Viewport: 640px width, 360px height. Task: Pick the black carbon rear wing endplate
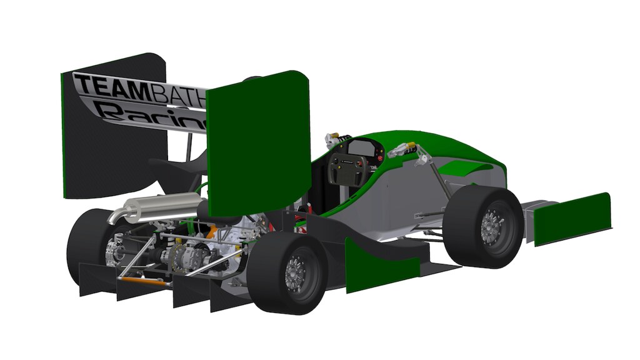coord(112,144)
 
